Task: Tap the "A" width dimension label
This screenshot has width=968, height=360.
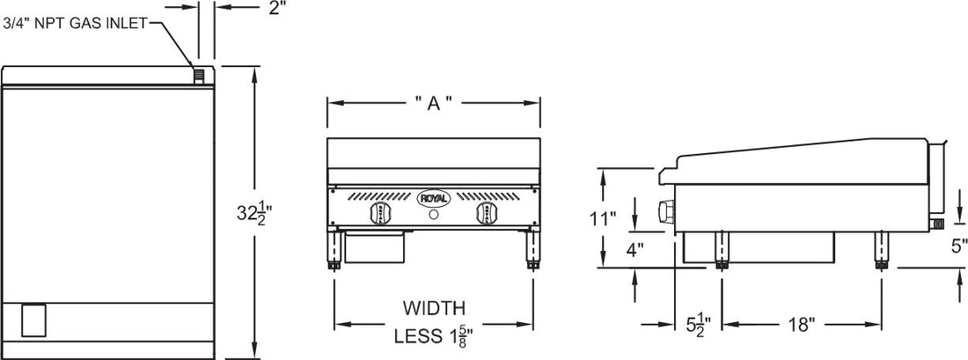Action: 433,103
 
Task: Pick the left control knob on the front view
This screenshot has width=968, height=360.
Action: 381,214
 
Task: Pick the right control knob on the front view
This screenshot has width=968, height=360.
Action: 486,214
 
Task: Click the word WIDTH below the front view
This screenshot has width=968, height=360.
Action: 433,308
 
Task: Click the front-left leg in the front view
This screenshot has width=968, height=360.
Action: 335,250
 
